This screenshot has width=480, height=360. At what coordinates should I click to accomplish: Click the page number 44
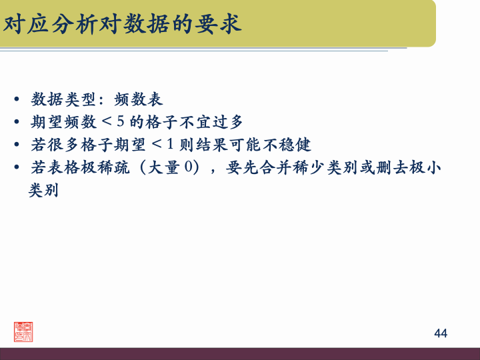[x=441, y=333]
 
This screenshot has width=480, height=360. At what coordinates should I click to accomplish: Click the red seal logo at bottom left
[x=24, y=331]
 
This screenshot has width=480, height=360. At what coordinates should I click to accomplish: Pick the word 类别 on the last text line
[x=43, y=190]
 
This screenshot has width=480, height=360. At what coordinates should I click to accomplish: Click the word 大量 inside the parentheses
[x=163, y=167]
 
